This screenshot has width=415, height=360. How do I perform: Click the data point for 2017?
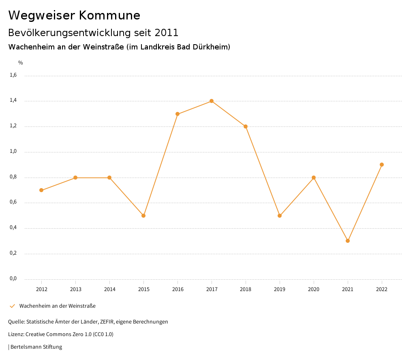(212, 101)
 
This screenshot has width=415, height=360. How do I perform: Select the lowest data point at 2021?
(348, 241)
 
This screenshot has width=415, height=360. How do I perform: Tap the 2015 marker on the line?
(143, 216)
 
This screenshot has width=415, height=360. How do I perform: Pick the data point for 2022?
(382, 165)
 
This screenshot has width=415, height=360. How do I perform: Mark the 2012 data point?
(41, 190)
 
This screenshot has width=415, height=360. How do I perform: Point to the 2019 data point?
(280, 216)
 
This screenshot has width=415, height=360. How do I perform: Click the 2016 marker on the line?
(178, 114)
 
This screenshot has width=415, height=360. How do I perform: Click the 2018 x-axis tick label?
(246, 289)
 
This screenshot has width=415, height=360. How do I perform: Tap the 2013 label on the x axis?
(75, 289)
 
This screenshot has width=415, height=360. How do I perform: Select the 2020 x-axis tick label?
(314, 289)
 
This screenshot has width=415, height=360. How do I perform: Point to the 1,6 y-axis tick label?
(13, 75)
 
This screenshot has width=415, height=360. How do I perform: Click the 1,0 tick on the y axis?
(13, 152)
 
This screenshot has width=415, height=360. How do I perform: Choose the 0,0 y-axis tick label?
(13, 279)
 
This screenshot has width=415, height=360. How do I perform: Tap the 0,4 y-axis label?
(13, 228)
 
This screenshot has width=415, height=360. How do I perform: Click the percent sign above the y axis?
(21, 63)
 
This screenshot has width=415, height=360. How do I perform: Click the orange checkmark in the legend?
(12, 306)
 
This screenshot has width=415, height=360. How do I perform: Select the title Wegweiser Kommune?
(74, 15)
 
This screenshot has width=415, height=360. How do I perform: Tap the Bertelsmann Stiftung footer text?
(36, 347)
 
